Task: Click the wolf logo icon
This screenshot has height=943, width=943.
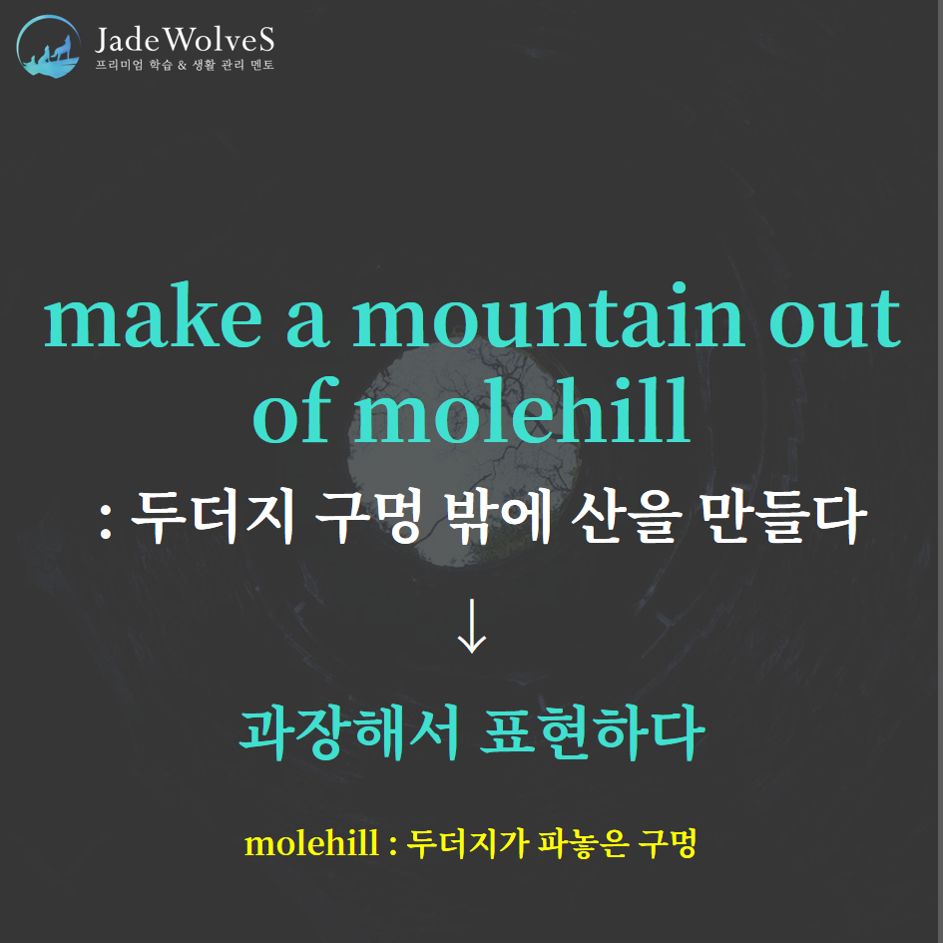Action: pyautogui.click(x=48, y=46)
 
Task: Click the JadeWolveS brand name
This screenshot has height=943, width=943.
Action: pyautogui.click(x=185, y=39)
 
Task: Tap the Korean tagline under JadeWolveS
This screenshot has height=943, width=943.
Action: pyautogui.click(x=185, y=64)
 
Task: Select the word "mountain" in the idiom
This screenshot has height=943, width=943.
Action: pyautogui.click(x=549, y=315)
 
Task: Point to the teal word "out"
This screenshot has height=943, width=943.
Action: pyautogui.click(x=835, y=318)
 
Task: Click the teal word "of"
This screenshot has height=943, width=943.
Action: pyautogui.click(x=293, y=409)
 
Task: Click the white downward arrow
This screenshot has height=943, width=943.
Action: pyautogui.click(x=471, y=626)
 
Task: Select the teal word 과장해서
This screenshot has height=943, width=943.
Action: pyautogui.click(x=349, y=731)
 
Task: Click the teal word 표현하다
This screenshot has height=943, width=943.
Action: pyautogui.click(x=593, y=731)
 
